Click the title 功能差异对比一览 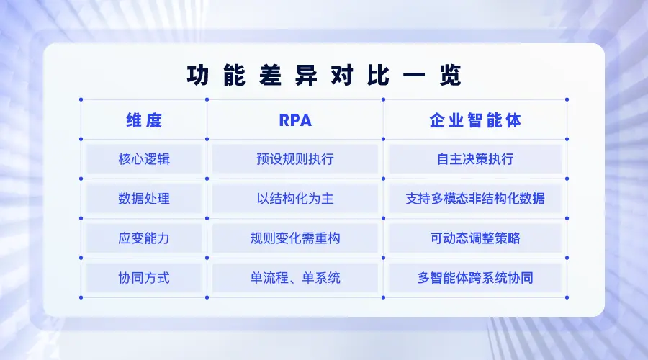(324, 76)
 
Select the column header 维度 (144, 120)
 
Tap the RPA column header (295, 120)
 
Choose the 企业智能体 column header (475, 120)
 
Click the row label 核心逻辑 (144, 158)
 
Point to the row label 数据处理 (144, 199)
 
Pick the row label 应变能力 (144, 238)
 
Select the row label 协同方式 (144, 278)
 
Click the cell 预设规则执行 (295, 158)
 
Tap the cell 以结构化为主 (295, 199)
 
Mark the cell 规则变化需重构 (295, 238)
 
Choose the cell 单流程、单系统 (295, 278)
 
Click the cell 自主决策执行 (475, 158)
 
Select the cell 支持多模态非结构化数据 (475, 199)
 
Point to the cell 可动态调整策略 (475, 238)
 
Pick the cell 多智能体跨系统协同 (475, 278)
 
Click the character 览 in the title (450, 76)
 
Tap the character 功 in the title (197, 76)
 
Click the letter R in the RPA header (284, 120)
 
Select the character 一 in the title (414, 76)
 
